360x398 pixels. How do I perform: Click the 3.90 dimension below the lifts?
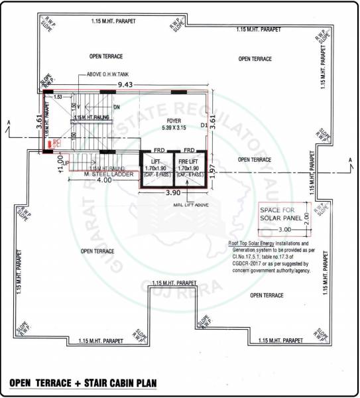pos(172,192)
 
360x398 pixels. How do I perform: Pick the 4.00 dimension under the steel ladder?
pos(103,180)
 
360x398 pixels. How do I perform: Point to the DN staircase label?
pos(116,107)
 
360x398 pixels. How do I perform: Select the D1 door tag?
pos(204,124)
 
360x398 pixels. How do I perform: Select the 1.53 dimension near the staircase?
pos(58,97)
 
